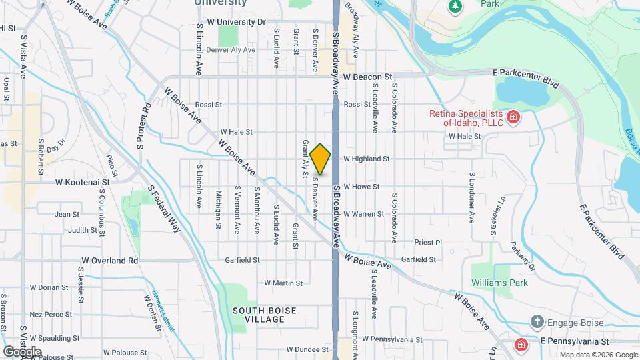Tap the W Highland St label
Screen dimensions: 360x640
click(x=366, y=159)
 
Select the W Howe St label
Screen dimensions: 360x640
click(x=361, y=187)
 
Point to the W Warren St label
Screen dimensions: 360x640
click(x=363, y=214)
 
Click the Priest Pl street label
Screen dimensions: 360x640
click(x=428, y=243)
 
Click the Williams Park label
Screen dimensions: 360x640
click(x=499, y=283)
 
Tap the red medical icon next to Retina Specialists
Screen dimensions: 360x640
click(x=513, y=119)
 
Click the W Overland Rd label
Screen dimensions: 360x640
click(x=110, y=261)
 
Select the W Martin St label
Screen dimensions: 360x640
click(x=283, y=283)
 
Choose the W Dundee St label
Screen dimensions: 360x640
click(x=309, y=349)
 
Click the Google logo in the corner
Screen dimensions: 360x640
click(x=23, y=351)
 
